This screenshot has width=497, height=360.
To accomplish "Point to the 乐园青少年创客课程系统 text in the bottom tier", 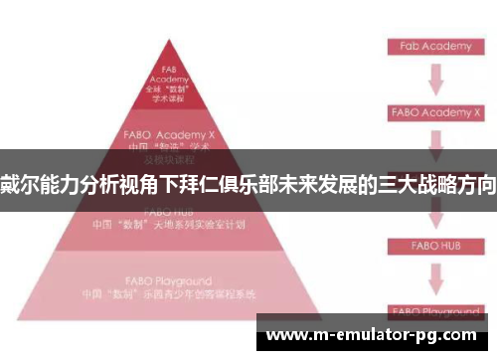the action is click(189, 294).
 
